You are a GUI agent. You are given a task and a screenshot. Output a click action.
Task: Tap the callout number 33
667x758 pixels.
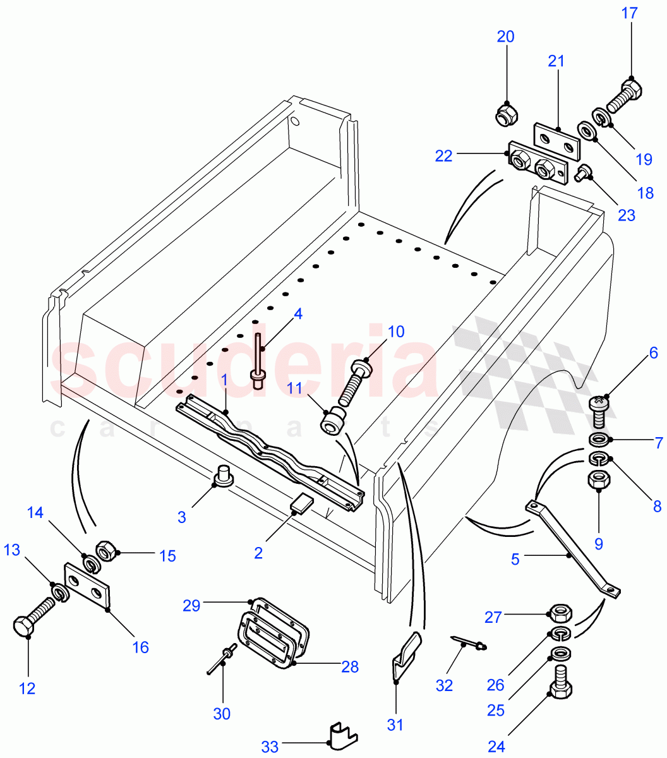coord(270,747)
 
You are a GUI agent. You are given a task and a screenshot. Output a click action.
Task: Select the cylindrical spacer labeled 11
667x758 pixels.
coord(332,420)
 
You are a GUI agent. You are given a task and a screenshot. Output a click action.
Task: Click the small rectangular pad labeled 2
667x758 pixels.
coord(302,505)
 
